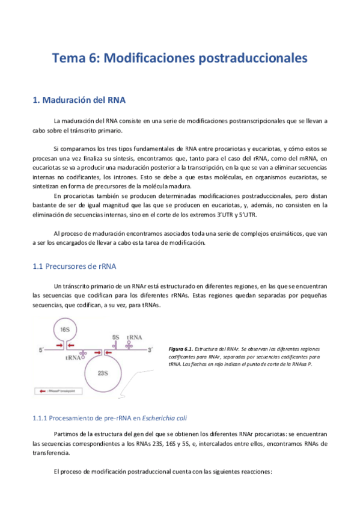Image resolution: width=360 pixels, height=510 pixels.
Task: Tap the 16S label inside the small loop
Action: click(64, 330)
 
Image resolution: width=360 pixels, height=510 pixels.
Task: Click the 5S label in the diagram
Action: click(115, 338)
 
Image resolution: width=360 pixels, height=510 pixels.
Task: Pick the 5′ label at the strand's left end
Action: click(42, 349)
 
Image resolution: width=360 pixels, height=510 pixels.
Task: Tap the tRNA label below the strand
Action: click(74, 358)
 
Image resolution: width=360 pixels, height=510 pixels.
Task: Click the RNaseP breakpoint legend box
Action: click(59, 390)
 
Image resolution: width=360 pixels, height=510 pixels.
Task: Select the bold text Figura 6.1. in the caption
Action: click(180, 349)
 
